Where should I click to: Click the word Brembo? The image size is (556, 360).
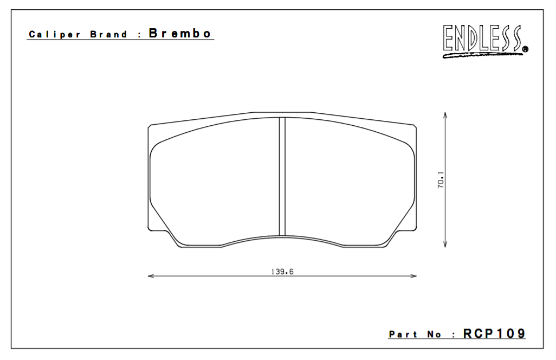(180, 33)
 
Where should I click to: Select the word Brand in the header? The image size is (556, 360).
(109, 34)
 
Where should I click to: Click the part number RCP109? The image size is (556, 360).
(494, 334)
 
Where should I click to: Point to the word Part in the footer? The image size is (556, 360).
(403, 335)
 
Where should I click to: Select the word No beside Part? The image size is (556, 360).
(434, 335)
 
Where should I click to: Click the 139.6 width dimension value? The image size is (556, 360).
(282, 272)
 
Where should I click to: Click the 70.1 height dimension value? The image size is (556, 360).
(441, 180)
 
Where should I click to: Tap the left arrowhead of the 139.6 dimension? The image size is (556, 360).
(151, 277)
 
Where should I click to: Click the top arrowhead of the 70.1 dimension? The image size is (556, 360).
(445, 115)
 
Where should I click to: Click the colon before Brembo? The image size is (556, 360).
(139, 34)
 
